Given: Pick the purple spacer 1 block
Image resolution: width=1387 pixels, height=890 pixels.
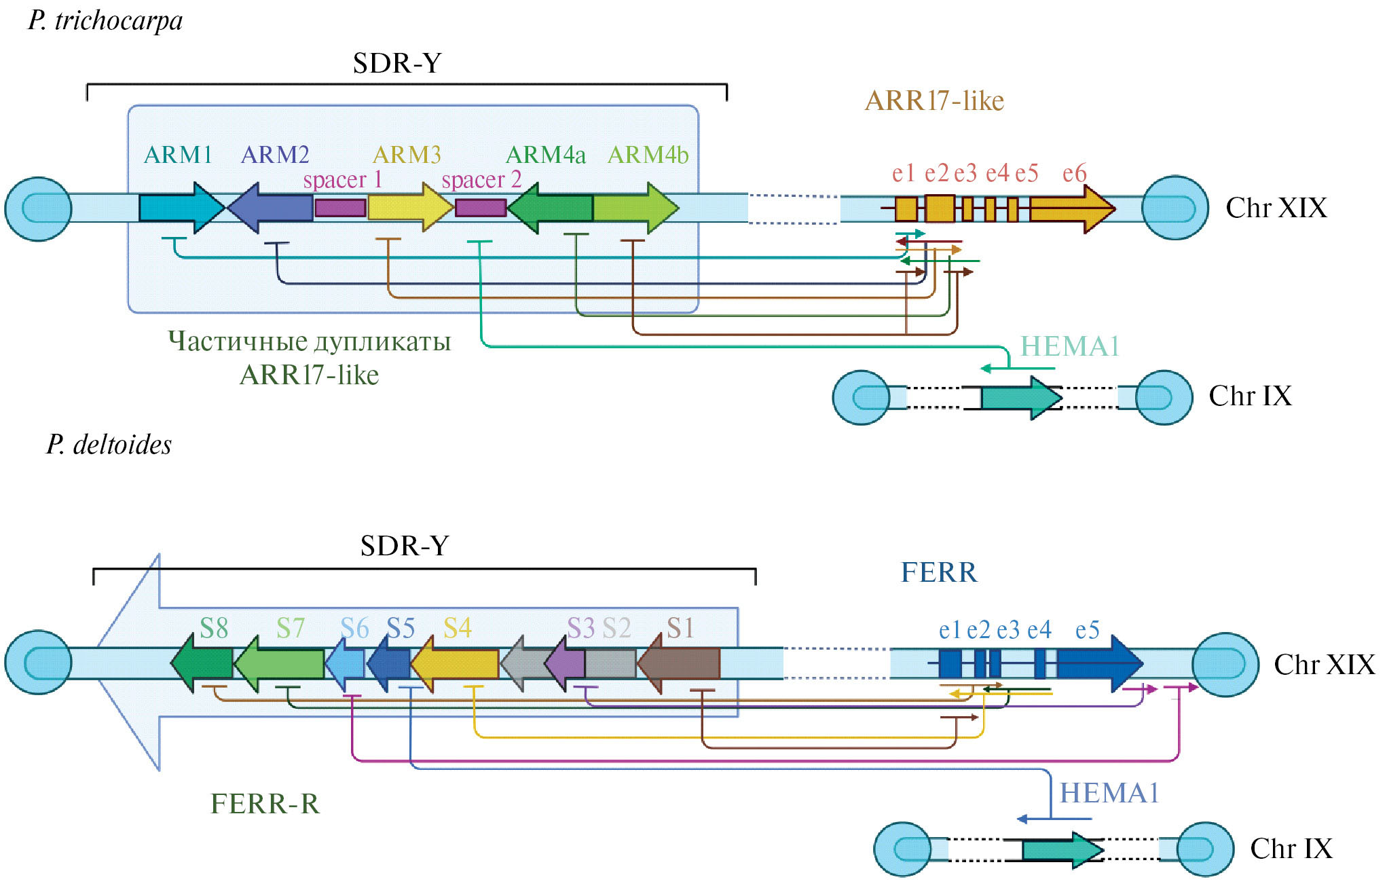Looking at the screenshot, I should pos(340,208).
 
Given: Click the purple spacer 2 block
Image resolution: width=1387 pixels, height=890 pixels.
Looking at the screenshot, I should pos(480,208).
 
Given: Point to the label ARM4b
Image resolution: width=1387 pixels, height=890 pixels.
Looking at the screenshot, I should pos(648,155).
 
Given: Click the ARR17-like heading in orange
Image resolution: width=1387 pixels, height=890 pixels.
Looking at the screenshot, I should pos(934,101).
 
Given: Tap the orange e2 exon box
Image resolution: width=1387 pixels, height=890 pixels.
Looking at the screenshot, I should pos(940,208).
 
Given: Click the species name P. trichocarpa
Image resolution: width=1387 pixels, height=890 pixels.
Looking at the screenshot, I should pos(105,20).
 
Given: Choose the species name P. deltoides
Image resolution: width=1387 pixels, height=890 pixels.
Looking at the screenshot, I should pos(109,445).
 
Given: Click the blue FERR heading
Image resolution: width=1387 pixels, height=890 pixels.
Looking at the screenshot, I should pos(939,573).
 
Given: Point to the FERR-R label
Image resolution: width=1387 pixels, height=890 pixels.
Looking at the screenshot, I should pos(265,804).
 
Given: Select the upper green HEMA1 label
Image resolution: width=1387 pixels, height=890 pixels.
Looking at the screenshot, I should pos(1069,347).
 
